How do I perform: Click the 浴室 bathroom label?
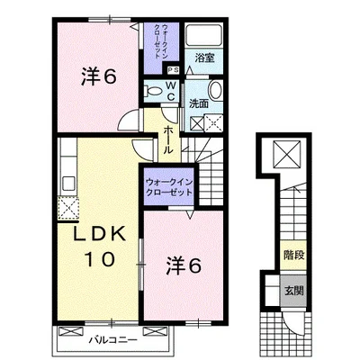(x=204, y=58)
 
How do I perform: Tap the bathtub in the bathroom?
(x=203, y=35)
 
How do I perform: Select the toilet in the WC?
(x=152, y=90)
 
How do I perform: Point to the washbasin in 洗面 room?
(x=215, y=90)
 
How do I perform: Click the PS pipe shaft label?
(x=173, y=70)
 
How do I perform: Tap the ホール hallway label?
(x=168, y=139)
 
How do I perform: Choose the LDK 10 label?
(x=100, y=247)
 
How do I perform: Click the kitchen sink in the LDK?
(x=68, y=184)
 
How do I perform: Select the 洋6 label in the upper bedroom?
(x=98, y=77)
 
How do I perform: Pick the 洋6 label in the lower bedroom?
(x=184, y=265)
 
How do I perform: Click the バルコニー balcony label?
(x=113, y=340)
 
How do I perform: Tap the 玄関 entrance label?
(x=294, y=291)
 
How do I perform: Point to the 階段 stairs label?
(x=294, y=256)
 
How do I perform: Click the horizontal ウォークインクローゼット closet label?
(x=169, y=187)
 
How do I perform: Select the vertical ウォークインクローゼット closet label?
(x=161, y=41)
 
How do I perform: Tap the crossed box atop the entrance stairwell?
(x=286, y=155)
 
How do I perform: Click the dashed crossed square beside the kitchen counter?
(x=68, y=208)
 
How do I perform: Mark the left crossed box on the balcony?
(x=71, y=331)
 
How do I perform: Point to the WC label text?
(x=170, y=91)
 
